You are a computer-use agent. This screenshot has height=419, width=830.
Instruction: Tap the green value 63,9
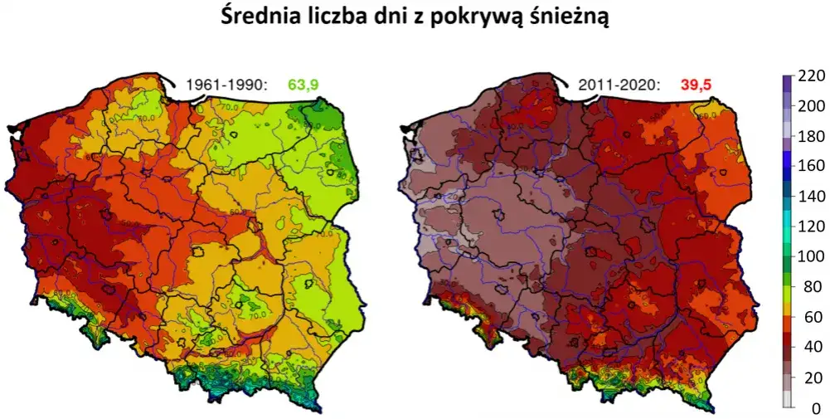pyautogui.click(x=303, y=84)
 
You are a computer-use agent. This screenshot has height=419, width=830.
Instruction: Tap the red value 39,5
pyautogui.click(x=695, y=84)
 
